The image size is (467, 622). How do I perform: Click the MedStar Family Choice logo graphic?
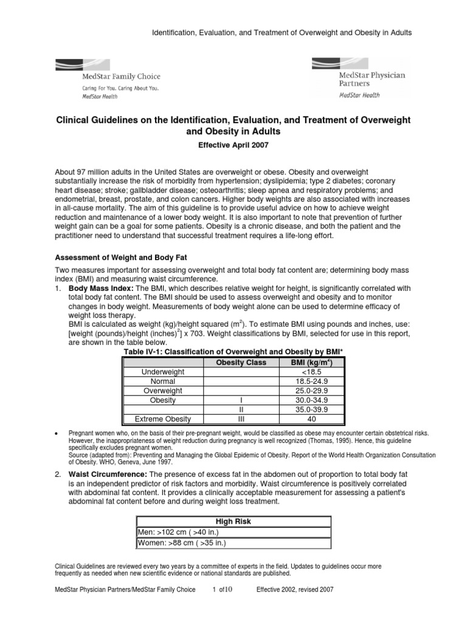[108, 77]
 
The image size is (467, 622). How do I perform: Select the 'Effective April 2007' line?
[233, 146]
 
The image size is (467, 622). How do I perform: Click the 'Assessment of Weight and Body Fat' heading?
[116, 257]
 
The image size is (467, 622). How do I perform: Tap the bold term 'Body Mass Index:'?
[100, 288]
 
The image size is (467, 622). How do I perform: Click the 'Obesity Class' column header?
[241, 363]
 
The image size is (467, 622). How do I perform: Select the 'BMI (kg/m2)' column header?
[311, 363]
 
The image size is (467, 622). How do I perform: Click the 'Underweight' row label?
[162, 372]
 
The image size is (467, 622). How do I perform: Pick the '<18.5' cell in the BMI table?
[311, 372]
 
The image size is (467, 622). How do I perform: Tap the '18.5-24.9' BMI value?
[311, 381]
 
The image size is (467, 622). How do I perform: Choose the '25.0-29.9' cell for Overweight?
[311, 391]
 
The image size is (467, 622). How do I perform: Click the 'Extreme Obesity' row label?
[162, 419]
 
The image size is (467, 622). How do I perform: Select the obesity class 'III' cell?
[241, 419]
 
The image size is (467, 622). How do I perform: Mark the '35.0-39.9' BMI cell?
[311, 410]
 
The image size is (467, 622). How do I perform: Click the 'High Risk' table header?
[233, 521]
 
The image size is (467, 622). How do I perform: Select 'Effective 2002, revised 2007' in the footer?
[295, 590]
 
